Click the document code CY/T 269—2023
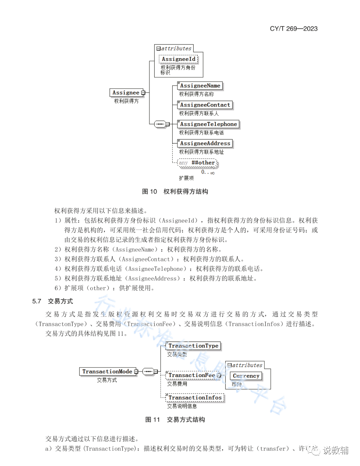(x=294, y=29)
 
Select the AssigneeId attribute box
(x=178, y=59)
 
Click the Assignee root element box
(x=126, y=93)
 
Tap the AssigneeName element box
(x=200, y=86)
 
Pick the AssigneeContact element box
(x=205, y=105)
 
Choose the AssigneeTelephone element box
(x=208, y=124)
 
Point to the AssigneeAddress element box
(x=205, y=143)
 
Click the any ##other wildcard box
(x=197, y=163)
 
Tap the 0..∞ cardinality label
(x=208, y=172)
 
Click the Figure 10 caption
(x=175, y=192)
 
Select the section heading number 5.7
(x=37, y=301)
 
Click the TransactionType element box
(x=193, y=346)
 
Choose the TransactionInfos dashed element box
(x=195, y=397)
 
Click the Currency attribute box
(x=246, y=376)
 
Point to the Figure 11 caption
(x=175, y=420)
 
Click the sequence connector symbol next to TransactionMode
(x=148, y=371)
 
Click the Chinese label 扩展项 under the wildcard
(x=186, y=178)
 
